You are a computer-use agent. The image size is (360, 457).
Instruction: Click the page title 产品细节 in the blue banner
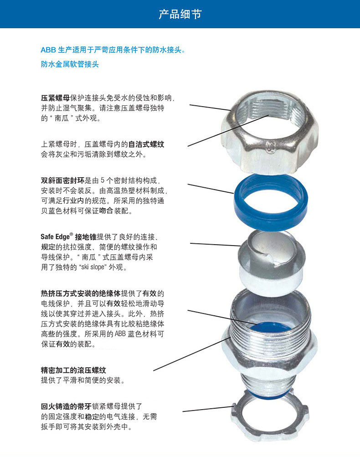(180, 14)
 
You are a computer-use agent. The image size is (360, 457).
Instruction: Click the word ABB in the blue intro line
(48, 50)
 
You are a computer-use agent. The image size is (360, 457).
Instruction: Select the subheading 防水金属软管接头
(70, 64)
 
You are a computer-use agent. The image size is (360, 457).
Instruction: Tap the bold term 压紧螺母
(56, 98)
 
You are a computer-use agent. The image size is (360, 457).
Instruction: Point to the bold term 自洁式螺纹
(146, 144)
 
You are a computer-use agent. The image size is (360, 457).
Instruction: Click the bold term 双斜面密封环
(63, 180)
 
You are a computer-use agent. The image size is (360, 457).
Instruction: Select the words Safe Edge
(56, 236)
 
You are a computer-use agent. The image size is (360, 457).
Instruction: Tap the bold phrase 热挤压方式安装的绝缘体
(81, 293)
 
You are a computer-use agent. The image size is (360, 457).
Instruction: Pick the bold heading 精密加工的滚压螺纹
(73, 370)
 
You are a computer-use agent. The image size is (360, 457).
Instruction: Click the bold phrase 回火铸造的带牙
(66, 406)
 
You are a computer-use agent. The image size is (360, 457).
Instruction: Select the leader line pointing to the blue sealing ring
(211, 189)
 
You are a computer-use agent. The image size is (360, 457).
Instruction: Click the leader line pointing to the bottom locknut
(208, 409)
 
